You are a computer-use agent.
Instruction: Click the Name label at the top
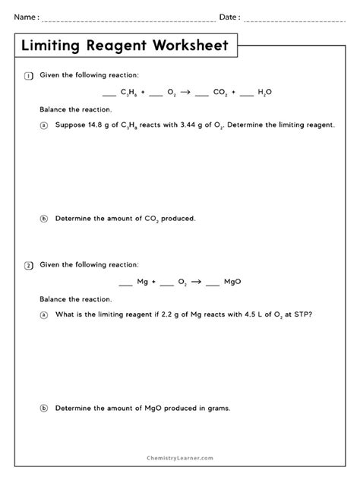coord(26,17)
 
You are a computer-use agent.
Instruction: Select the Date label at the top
coord(229,17)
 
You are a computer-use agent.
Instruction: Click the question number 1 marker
coord(29,75)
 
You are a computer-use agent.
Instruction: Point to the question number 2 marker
coord(29,265)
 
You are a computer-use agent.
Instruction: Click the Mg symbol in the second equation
coord(142,282)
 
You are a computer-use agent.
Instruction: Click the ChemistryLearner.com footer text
coord(180,458)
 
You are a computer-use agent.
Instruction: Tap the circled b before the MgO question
coord(43,408)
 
